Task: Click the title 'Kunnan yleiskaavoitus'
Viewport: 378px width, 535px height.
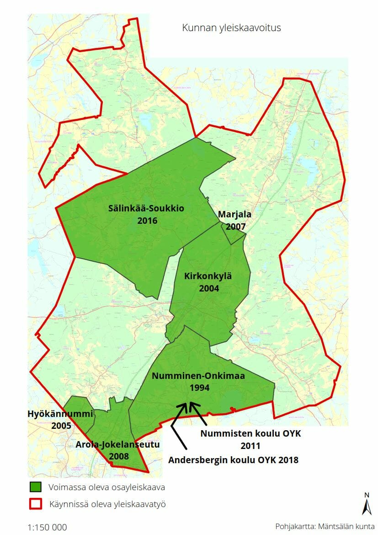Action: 231,28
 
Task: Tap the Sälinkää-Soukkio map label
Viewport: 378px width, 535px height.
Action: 146,209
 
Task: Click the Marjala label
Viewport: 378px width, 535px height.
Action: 234,214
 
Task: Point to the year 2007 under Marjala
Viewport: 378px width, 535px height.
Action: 236,226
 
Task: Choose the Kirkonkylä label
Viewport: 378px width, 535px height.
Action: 208,276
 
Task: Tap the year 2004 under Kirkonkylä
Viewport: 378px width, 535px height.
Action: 209,288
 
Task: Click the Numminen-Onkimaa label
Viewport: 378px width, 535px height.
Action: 198,376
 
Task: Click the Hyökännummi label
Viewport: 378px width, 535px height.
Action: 60,414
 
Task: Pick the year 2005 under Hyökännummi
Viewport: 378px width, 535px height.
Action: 61,426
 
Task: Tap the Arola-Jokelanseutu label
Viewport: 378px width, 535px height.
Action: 117,444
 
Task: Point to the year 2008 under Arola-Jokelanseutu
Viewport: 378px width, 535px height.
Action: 119,456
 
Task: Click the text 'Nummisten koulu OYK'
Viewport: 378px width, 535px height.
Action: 250,433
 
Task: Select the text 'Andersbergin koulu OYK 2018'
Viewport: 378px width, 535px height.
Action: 233,460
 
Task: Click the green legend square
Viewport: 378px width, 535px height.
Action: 35,487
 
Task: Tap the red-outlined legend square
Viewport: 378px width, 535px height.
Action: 35,504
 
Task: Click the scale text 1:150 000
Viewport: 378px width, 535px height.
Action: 48,527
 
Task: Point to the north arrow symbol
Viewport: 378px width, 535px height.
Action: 367,504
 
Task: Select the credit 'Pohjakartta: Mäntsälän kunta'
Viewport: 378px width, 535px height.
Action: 325,526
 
